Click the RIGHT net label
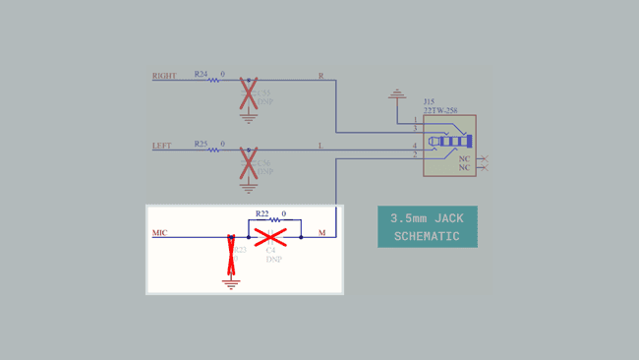tap(164, 76)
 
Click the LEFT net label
tap(161, 147)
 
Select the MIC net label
tap(160, 233)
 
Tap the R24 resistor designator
tap(201, 74)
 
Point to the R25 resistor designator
tap(201, 145)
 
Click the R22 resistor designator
tap(261, 213)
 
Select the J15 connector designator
tap(429, 101)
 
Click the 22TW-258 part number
tap(439, 110)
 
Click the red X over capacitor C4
tap(270, 236)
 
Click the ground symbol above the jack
tap(396, 94)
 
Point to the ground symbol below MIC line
tap(232, 283)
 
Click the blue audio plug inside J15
tap(453, 142)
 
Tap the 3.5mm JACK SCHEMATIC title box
tap(428, 226)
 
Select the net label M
tap(321, 233)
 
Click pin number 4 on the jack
tap(415, 147)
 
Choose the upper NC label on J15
tap(465, 158)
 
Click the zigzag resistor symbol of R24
tap(213, 80)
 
